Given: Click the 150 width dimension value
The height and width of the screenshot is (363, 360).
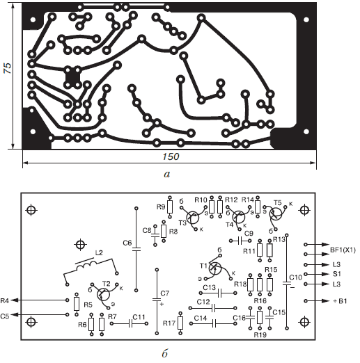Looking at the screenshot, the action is click(171, 156).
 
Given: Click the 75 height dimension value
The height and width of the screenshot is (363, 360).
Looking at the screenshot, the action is click(8, 68).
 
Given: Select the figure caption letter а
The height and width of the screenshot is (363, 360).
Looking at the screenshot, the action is click(167, 174).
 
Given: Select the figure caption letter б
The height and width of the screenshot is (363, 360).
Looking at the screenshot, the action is click(164, 353).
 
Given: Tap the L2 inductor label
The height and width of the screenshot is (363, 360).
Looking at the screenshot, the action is click(99, 252).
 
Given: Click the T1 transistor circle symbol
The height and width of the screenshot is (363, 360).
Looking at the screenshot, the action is click(215, 268).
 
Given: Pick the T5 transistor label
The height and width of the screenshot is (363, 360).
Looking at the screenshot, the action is click(277, 203).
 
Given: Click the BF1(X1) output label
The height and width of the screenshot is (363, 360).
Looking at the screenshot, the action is click(343, 250).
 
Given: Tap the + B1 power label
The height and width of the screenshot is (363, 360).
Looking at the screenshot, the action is click(340, 301).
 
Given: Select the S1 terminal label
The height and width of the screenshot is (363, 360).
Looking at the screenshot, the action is click(337, 274).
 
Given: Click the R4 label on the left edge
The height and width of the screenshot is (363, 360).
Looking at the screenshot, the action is click(5, 301).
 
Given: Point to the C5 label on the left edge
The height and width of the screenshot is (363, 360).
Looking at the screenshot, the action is click(5, 316).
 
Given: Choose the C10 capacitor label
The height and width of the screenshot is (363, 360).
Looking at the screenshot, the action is click(296, 277).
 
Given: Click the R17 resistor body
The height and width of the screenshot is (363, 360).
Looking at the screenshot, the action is click(180, 323).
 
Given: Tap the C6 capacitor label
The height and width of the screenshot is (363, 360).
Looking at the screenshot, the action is click(127, 243).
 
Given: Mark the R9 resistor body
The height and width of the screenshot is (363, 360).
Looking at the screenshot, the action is click(170, 207).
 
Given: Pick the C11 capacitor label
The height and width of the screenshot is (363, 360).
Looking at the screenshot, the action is click(139, 317).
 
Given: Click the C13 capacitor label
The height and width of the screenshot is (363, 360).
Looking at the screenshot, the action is click(210, 288).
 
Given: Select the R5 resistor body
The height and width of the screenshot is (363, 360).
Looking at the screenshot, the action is click(77, 304).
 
